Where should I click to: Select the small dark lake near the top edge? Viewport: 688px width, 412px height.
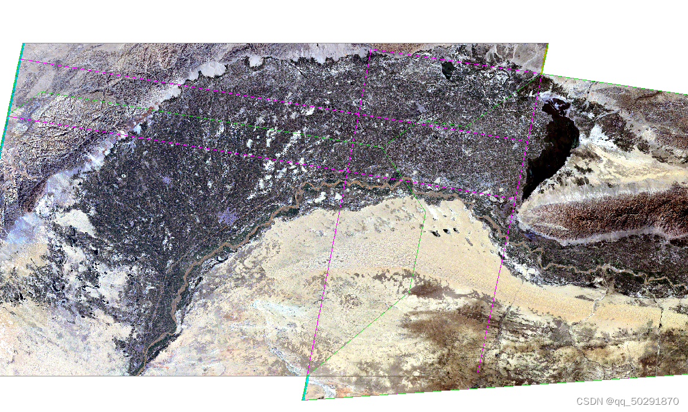(x=448, y=71)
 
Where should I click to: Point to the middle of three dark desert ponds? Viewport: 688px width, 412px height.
(x=447, y=231)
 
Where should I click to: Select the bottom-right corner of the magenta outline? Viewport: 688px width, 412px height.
(x=478, y=372)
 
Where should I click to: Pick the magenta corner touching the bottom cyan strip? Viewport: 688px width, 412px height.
(x=308, y=373)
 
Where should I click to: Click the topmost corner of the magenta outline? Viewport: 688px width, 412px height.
(x=370, y=49)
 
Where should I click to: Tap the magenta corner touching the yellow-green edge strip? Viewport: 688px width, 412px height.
(x=541, y=74)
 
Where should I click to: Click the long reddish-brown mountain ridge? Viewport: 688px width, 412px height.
(x=603, y=211)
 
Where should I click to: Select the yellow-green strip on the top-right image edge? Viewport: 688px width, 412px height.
(x=545, y=58)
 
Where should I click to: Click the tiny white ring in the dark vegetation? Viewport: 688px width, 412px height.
(x=124, y=177)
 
